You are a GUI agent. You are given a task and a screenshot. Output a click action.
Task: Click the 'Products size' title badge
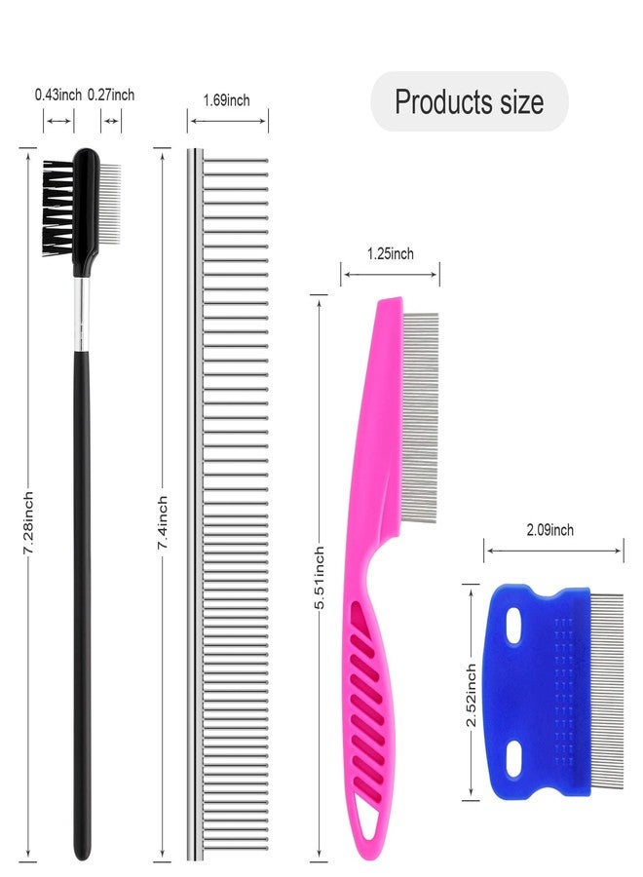(x=470, y=101)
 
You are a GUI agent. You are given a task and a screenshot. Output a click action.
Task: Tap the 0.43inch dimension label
(x=58, y=95)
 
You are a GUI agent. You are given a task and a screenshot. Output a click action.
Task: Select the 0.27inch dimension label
(x=111, y=95)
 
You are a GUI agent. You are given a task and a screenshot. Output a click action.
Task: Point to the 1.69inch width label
(x=226, y=100)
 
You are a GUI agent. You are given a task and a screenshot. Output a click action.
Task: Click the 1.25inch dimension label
(x=391, y=254)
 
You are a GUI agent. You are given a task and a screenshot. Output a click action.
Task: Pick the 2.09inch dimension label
(x=550, y=530)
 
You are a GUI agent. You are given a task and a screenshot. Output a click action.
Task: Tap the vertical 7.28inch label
(x=28, y=523)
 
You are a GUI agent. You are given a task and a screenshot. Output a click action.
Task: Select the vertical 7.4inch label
(x=162, y=522)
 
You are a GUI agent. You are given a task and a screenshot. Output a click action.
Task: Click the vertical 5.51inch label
(x=320, y=578)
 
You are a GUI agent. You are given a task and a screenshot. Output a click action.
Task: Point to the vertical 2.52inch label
(x=472, y=695)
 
